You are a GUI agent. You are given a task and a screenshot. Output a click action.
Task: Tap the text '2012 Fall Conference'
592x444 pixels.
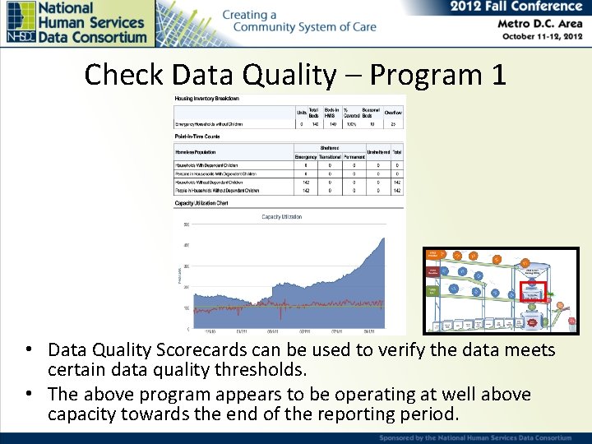(516, 7)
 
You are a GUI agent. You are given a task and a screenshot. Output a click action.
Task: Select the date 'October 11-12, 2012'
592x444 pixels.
(542, 37)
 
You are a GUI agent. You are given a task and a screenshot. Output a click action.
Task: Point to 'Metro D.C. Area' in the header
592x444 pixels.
(540, 23)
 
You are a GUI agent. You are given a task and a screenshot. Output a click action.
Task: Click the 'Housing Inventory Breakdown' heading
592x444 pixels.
(207, 99)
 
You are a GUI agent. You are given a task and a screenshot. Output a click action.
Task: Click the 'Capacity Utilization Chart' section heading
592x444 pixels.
(201, 202)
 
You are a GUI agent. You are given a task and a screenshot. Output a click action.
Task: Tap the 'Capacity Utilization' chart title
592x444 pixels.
(282, 217)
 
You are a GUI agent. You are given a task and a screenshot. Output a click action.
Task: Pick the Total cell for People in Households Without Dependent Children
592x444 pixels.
(397, 191)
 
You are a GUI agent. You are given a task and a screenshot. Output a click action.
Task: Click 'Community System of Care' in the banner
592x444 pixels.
(304, 27)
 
